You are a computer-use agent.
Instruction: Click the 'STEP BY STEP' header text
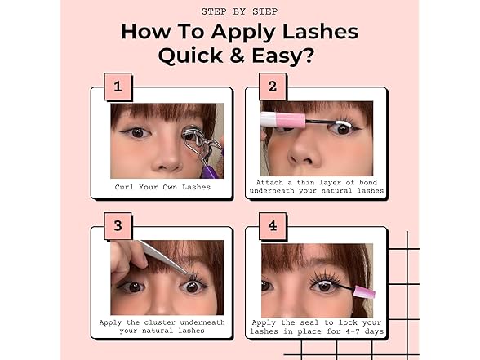239,11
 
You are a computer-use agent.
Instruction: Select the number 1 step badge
118,86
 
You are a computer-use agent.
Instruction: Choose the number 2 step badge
272,86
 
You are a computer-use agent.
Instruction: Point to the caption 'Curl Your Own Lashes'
162,187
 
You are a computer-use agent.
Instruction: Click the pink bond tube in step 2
282,119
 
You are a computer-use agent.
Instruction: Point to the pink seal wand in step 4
362,291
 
